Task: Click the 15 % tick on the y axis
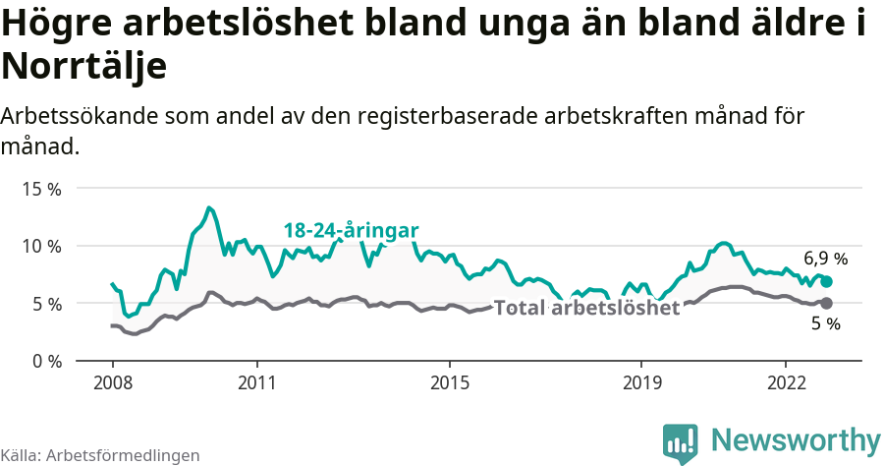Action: coord(40,188)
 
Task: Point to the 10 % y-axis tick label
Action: coord(40,246)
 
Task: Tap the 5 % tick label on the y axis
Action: coord(45,304)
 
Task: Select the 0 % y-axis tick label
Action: coord(45,361)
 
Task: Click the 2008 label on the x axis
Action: coord(112,381)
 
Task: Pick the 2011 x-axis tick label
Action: coord(256,381)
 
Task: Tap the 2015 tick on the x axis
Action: coord(449,381)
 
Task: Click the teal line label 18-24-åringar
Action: coord(351,230)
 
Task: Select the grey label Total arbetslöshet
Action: coord(586,308)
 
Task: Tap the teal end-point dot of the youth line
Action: coord(827,281)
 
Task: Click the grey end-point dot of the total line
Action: coord(827,303)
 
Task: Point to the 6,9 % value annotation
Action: coord(825,260)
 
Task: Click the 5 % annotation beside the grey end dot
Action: coord(825,324)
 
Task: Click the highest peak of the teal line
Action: coord(209,207)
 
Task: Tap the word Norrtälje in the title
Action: coord(83,67)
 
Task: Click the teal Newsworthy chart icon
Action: coord(680,442)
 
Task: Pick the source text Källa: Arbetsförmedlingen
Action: coord(100,455)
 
